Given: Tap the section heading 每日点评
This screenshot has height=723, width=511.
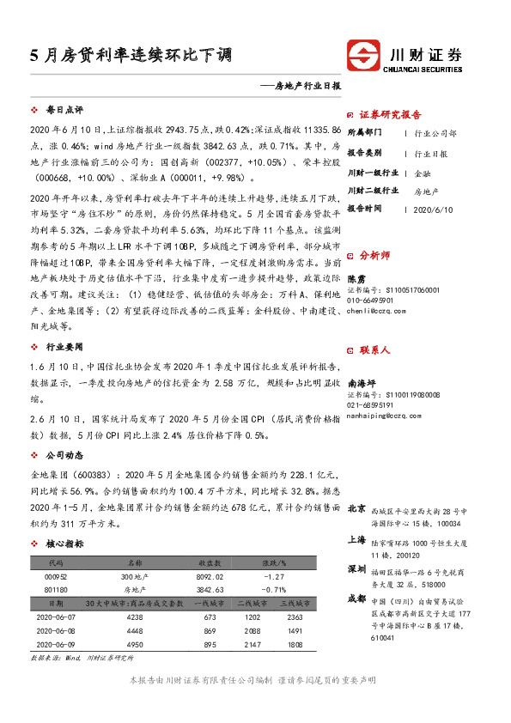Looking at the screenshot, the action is (x=64, y=111).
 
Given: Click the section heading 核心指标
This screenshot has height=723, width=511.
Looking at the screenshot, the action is (x=64, y=544).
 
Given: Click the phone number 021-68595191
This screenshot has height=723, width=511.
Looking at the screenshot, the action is (x=371, y=405).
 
